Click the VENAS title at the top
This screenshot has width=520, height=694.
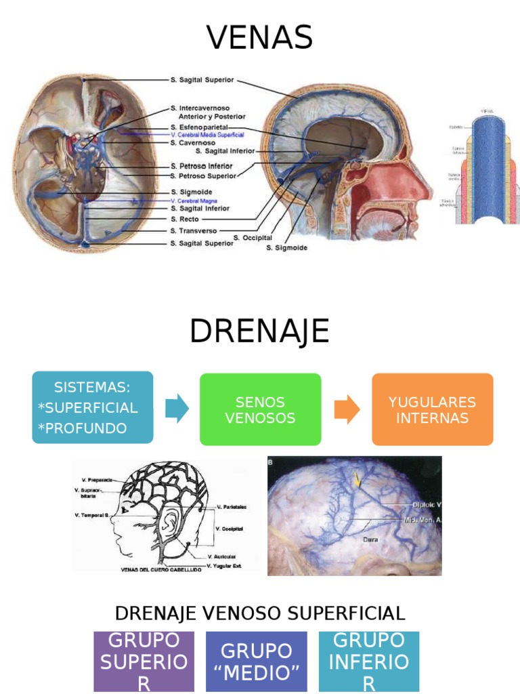click(x=259, y=37)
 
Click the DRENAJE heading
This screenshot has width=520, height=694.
click(x=259, y=331)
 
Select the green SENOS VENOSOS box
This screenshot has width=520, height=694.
click(x=260, y=409)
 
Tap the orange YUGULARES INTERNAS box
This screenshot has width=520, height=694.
click(x=432, y=409)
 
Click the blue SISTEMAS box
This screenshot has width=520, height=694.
click(x=93, y=407)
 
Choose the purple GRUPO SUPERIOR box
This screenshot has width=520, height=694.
click(x=144, y=661)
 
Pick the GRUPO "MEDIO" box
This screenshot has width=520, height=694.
click(x=256, y=661)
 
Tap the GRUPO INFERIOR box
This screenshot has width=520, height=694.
click(x=369, y=661)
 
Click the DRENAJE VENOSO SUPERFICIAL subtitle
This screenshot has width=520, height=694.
click(x=260, y=613)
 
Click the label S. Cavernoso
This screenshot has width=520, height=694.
click(x=193, y=143)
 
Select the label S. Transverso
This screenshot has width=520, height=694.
click(x=194, y=230)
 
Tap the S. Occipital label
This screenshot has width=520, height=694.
click(x=253, y=238)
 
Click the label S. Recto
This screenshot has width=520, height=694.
click(x=184, y=219)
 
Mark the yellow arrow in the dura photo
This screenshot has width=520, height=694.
click(x=357, y=481)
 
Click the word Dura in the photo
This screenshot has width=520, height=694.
click(x=370, y=540)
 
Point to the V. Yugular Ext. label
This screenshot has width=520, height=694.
click(x=225, y=565)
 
